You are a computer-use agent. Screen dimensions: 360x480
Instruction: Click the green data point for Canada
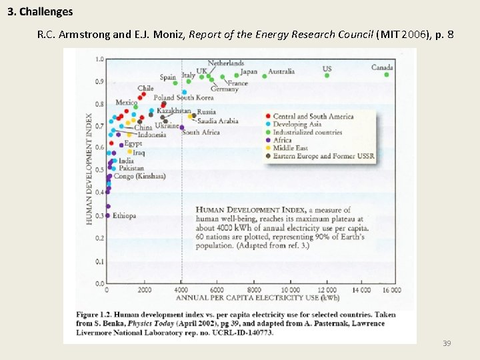387,75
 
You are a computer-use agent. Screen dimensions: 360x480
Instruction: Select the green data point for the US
327,75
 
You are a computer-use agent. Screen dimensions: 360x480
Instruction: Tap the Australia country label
282,71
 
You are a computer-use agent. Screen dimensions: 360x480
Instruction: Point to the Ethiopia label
124,215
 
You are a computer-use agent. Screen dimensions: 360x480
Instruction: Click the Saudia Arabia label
217,121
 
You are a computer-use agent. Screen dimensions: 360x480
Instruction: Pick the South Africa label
201,133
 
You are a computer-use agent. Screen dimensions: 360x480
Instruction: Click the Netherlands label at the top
226,63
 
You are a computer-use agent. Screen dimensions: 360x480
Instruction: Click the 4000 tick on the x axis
181,290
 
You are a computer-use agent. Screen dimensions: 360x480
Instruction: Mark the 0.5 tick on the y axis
99,170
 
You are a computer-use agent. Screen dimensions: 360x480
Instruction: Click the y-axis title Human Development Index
89,169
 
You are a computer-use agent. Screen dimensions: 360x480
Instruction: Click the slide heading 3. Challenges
41,12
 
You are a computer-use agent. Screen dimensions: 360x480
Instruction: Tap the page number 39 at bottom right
447,343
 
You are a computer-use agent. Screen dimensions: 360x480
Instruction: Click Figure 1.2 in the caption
95,315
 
